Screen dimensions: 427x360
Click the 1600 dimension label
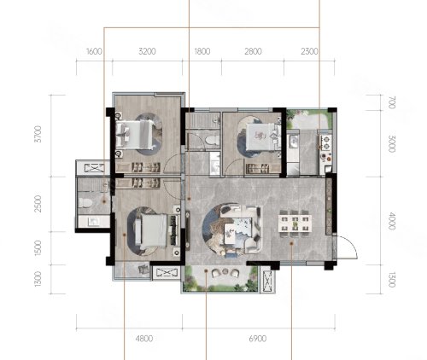(94, 51)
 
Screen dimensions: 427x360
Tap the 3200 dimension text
(147, 51)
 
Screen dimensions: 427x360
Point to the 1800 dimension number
(202, 51)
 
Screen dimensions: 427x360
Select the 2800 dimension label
(253, 51)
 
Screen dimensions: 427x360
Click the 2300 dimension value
(309, 51)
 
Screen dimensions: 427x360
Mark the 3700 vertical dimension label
(38, 134)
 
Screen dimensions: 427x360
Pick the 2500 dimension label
(38, 204)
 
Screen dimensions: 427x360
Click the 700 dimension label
(392, 102)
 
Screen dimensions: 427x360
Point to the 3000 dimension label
(392, 144)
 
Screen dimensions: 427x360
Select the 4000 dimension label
(392, 221)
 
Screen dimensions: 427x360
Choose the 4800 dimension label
(144, 339)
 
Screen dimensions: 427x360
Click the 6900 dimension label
(258, 339)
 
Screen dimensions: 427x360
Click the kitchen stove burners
(326, 142)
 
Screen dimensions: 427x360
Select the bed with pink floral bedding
(261, 137)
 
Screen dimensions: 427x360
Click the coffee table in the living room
(231, 234)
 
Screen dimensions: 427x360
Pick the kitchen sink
(293, 140)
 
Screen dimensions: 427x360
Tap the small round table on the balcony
(225, 271)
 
